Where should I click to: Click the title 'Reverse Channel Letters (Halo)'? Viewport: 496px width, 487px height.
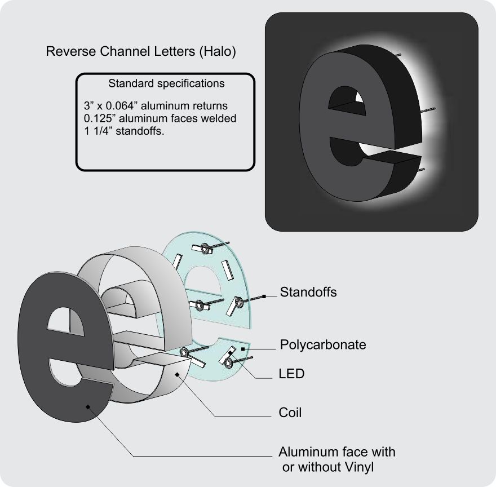[x=140, y=52]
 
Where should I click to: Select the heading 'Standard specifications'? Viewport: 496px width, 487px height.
[x=166, y=84]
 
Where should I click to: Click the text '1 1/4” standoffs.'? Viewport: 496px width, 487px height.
[x=123, y=131]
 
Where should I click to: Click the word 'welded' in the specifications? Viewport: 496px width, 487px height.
[x=217, y=119]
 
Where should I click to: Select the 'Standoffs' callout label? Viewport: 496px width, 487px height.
[x=308, y=293]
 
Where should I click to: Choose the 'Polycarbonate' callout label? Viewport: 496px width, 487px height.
[x=323, y=344]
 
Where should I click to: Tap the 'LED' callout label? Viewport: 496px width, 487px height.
[x=291, y=374]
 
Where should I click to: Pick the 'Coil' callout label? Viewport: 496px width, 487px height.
[x=290, y=413]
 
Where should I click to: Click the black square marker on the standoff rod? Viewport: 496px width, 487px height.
[x=263, y=295]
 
